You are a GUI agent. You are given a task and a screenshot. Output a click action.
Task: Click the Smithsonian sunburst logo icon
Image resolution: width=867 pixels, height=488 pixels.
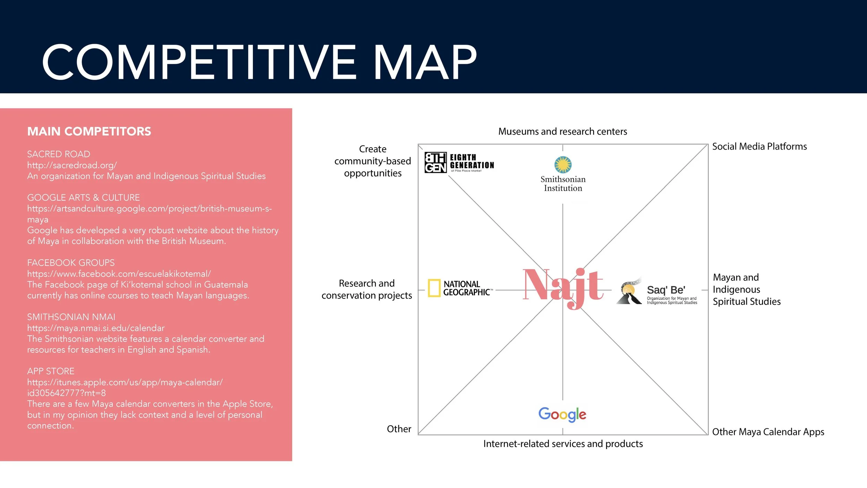click(563, 165)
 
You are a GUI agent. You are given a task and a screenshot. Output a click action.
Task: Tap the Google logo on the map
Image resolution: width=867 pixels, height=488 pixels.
click(562, 414)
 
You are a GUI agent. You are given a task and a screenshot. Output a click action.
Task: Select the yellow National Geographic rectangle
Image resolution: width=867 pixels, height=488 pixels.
click(434, 288)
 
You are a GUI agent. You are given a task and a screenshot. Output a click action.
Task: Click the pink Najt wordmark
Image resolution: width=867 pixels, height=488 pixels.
click(563, 286)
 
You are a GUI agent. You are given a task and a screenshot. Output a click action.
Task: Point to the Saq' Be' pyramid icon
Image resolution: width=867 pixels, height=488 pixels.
click(629, 292)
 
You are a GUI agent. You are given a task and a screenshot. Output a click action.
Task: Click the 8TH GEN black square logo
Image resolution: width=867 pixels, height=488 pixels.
click(436, 162)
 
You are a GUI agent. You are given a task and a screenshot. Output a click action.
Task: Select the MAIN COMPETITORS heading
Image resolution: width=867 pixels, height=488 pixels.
click(89, 132)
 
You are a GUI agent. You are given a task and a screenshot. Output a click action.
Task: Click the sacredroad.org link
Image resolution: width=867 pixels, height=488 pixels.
click(72, 165)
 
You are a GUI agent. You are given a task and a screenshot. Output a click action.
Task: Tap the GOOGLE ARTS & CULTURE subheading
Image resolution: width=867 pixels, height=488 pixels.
click(84, 197)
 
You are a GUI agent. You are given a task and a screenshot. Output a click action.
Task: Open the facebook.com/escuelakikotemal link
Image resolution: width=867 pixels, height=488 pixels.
click(119, 274)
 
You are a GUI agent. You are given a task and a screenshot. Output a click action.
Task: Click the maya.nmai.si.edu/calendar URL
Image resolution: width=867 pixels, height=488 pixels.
click(96, 328)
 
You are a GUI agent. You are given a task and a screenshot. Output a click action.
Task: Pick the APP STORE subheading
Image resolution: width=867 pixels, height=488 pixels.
click(51, 371)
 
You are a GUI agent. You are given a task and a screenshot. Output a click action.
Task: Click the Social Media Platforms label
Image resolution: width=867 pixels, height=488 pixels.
click(759, 146)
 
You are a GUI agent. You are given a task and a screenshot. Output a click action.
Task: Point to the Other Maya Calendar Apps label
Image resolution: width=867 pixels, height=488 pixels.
click(768, 432)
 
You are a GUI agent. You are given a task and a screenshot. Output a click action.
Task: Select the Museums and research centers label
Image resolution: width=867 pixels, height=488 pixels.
click(563, 132)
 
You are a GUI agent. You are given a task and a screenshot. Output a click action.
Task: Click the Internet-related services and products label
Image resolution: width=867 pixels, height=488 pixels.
click(563, 444)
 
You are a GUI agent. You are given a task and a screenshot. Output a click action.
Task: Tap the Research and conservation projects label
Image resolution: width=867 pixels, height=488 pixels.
click(367, 289)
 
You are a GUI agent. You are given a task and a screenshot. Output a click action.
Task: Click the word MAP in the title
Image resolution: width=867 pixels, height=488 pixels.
click(425, 62)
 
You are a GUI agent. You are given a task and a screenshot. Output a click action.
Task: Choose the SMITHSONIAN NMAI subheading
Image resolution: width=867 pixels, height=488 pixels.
click(71, 317)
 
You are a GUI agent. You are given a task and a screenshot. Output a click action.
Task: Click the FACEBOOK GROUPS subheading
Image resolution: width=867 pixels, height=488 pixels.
click(71, 263)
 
